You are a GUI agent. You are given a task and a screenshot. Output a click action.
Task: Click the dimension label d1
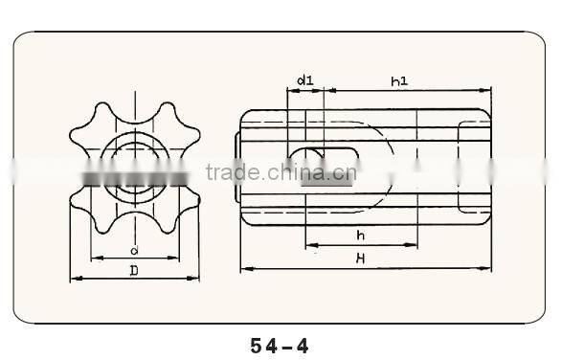(305, 81)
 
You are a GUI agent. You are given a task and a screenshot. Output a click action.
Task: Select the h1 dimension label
(400, 81)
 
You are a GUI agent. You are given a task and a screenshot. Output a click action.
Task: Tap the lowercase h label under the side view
(359, 236)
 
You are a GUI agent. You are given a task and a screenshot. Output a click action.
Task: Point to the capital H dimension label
(360, 259)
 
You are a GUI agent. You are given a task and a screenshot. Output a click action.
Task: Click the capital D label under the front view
(134, 271)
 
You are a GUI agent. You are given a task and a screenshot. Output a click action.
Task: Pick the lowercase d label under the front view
(135, 251)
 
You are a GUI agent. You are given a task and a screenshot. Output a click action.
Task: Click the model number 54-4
(280, 344)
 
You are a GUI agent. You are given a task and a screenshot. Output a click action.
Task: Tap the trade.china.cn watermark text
(281, 173)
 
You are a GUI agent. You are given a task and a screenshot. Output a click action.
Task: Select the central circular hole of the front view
(135, 169)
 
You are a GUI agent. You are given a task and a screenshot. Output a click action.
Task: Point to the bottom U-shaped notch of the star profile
(135, 227)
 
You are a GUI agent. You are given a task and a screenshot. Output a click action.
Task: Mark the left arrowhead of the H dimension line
(243, 269)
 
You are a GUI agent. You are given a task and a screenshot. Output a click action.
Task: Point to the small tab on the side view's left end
(236, 169)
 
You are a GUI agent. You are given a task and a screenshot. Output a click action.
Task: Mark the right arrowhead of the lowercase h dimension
(416, 244)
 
